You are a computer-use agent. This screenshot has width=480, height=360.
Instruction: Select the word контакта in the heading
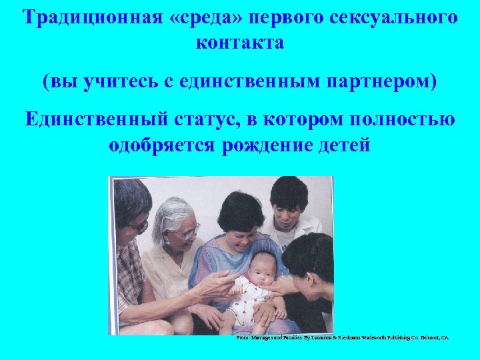[x=240, y=42]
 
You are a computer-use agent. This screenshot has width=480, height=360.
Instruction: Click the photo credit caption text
[x=343, y=338]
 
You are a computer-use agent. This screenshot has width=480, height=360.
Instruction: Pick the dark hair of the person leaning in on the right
[x=306, y=250]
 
